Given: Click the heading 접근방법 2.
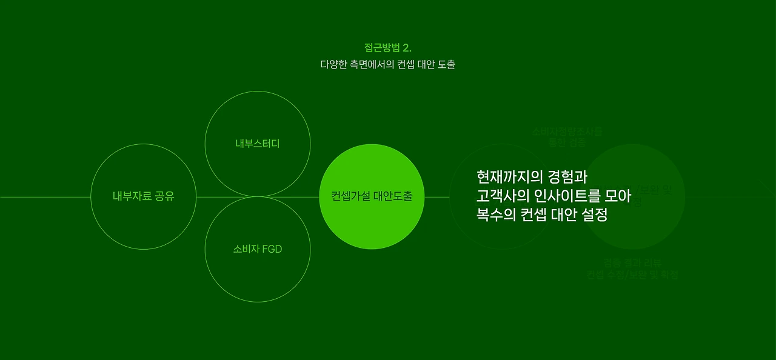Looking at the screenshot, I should tap(387, 48).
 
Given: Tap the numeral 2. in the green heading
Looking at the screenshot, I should tap(407, 48).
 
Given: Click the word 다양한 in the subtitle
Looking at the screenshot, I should tap(333, 64).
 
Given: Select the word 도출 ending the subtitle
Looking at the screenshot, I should tap(446, 64).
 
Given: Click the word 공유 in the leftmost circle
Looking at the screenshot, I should tap(162, 196).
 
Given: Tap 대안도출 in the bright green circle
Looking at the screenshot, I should tap(393, 196).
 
